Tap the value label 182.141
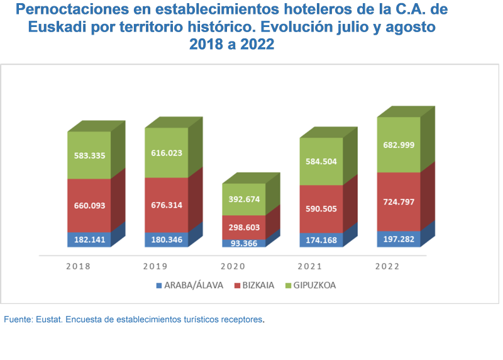pyautogui.click(x=89, y=240)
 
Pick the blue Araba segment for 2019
pyautogui.click(x=166, y=240)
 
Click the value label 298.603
pyautogui.click(x=244, y=226)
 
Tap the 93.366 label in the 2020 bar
pyautogui.click(x=244, y=243)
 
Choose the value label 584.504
pyautogui.click(x=321, y=161)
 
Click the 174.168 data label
pyautogui.click(x=321, y=240)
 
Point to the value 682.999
pyautogui.click(x=399, y=145)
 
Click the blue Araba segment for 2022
pyautogui.click(x=399, y=239)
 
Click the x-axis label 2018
pyautogui.click(x=79, y=266)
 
